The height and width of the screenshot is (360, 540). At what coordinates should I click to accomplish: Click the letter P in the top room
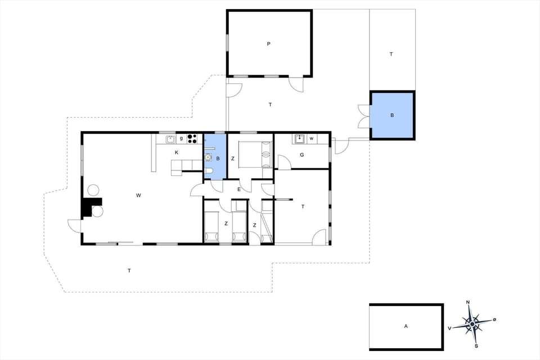269,43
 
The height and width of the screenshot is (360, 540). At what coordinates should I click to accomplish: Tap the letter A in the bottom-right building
405,326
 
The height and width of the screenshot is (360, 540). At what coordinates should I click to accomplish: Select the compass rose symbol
472,323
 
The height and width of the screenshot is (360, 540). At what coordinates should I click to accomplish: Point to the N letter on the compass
469,303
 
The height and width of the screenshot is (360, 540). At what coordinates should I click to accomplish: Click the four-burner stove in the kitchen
193,138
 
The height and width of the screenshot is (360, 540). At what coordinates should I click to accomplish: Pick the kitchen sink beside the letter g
170,138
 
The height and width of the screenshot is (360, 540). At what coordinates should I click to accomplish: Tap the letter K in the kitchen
176,152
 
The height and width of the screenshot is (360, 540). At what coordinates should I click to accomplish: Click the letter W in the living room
138,195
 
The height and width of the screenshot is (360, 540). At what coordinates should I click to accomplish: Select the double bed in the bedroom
255,155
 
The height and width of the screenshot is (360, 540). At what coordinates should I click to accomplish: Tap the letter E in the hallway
238,190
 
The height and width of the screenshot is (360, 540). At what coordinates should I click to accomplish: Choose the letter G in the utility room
302,155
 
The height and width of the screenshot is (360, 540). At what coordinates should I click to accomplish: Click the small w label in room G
310,138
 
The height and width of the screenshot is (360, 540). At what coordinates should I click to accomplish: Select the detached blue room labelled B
392,115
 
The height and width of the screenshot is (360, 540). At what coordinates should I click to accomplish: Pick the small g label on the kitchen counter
181,138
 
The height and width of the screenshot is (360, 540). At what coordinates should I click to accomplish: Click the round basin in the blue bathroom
209,158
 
